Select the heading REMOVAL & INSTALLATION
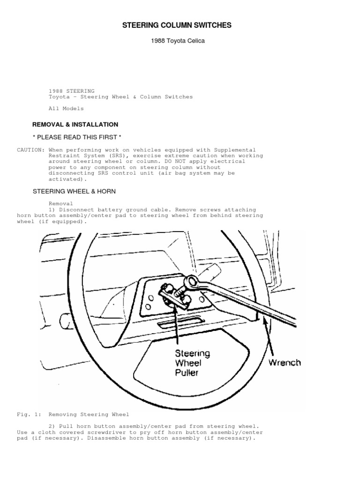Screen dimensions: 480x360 75,125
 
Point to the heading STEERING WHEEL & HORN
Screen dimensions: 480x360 74,191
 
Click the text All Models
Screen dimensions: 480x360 66,109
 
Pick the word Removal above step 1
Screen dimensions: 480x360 60,204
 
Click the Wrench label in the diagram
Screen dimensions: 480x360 284,362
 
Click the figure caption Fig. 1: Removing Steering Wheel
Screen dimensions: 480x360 73,414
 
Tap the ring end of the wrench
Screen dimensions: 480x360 193,282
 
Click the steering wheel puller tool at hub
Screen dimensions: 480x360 173,295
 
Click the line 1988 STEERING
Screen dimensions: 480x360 72,91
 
